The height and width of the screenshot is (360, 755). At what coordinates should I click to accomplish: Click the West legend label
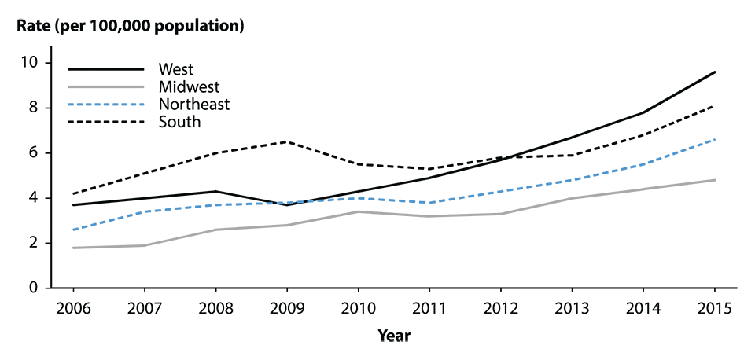tap(175, 69)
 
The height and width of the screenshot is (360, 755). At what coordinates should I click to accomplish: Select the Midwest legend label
tap(188, 86)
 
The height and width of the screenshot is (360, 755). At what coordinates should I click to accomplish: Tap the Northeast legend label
tap(193, 104)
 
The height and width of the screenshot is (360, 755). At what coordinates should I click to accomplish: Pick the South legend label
tap(179, 121)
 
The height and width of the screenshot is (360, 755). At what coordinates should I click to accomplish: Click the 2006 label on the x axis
tap(72, 307)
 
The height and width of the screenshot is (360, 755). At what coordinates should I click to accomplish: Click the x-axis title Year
tap(393, 336)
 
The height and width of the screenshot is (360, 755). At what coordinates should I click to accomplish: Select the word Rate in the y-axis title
tap(35, 26)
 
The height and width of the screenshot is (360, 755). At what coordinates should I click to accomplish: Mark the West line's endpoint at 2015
tap(715, 72)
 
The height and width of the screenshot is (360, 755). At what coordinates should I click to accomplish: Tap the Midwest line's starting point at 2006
tap(72, 248)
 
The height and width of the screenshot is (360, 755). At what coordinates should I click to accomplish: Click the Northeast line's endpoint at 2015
tap(715, 139)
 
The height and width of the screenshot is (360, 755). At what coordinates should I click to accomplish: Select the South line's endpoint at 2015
tap(715, 105)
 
